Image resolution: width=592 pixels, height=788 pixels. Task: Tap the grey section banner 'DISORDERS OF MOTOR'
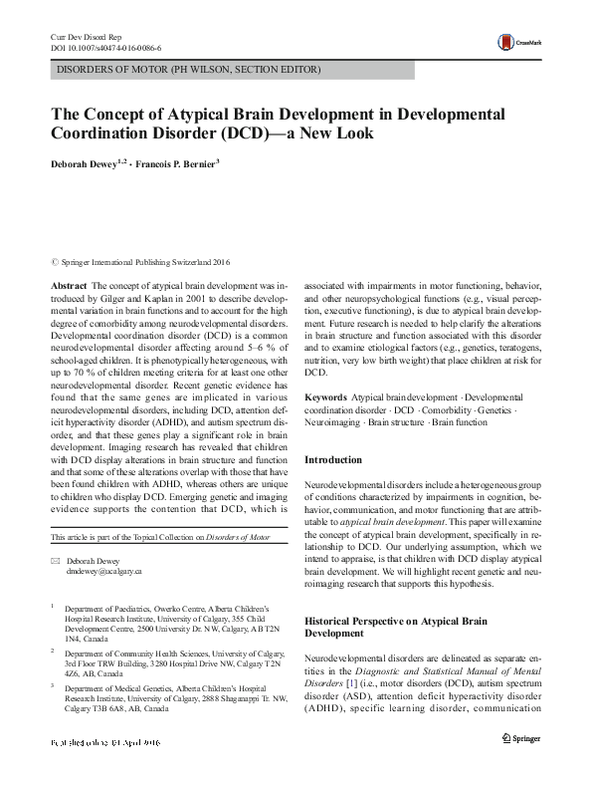tap(188, 71)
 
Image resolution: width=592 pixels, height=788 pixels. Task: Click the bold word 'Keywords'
tap(325, 397)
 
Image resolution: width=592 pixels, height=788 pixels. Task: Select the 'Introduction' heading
tap(332, 460)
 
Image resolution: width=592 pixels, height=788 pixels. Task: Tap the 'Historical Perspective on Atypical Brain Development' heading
tap(395, 626)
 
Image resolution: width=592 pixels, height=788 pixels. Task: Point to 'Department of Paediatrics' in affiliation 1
tap(111, 607)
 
